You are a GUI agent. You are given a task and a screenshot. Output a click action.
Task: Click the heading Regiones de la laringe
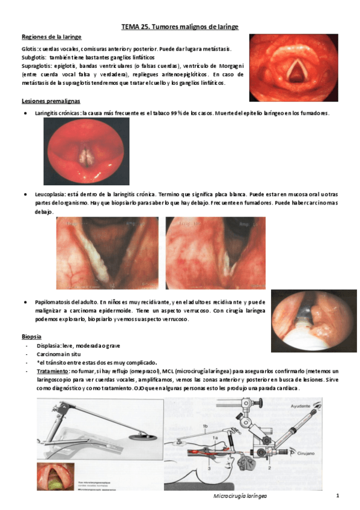click(51, 37)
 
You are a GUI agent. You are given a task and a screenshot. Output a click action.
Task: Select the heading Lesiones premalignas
click(50, 100)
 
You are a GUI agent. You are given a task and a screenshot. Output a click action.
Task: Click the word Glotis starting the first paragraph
click(29, 49)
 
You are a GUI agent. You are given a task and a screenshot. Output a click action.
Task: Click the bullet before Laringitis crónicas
click(24, 113)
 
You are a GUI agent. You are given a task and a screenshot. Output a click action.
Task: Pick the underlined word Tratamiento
click(52, 371)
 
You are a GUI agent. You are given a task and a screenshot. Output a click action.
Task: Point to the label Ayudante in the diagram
click(319, 406)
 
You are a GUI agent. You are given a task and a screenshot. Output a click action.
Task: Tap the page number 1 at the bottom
click(338, 496)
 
